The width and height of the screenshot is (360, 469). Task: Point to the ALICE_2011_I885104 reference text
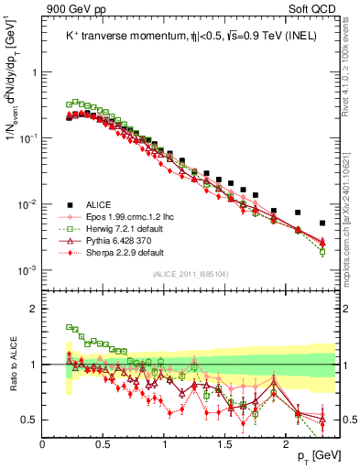point(191,272)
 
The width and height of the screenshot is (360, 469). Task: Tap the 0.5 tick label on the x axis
point(104,444)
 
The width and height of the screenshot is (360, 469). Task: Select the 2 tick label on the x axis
point(286,444)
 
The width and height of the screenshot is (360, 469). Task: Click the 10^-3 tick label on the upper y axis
point(27,269)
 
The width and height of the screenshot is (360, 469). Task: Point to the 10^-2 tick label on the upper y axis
point(27,203)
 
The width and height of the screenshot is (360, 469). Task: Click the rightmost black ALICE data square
point(322,223)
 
